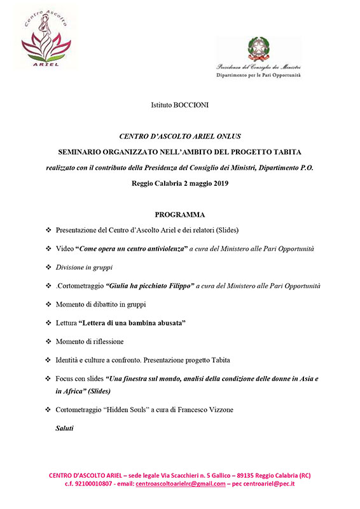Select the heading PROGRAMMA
point(179,214)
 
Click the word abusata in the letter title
point(165,324)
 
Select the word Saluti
point(64,428)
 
